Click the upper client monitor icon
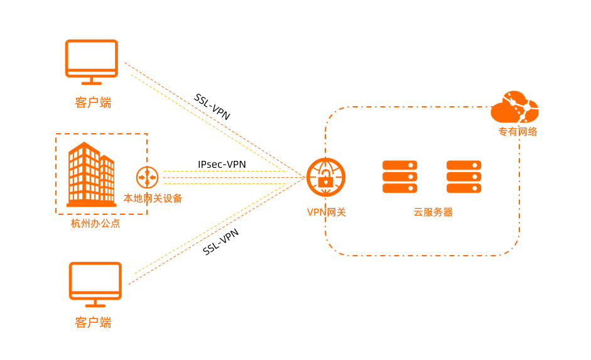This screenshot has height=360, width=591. click(x=92, y=58)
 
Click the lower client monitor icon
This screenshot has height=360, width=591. click(x=95, y=281)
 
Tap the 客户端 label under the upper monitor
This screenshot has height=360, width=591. click(x=93, y=102)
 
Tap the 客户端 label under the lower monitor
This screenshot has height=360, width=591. click(x=93, y=323)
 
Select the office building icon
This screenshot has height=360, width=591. click(x=91, y=175)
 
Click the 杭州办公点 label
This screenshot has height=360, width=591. click(x=95, y=224)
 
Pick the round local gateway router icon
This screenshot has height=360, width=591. click(x=147, y=177)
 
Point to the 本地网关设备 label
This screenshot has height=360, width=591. click(x=153, y=199)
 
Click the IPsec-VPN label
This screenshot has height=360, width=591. click(x=222, y=165)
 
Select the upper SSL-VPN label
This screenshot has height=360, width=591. click(x=212, y=107)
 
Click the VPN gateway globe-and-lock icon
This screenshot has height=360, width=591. click(x=325, y=177)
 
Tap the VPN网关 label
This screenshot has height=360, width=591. click(x=326, y=212)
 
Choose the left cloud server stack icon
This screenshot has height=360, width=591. click(x=399, y=177)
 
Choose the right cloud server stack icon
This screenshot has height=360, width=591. click(x=464, y=177)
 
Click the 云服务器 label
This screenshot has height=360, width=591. click(x=433, y=212)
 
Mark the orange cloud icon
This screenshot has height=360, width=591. click(x=514, y=108)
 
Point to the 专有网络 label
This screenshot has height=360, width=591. click(x=518, y=132)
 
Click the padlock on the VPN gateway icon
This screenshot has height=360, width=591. click(x=325, y=182)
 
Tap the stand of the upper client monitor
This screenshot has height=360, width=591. click(x=92, y=80)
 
